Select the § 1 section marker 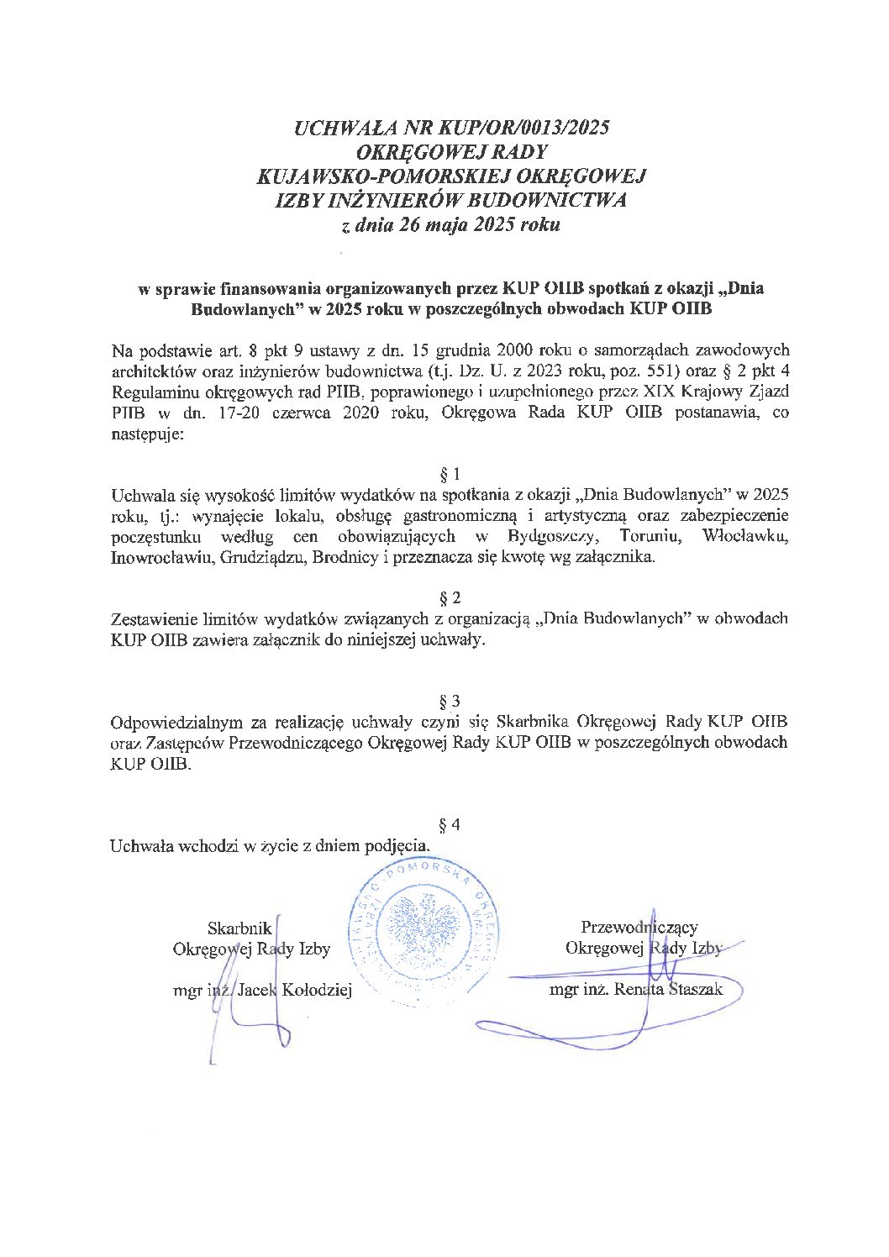[450, 474]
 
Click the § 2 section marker [450, 598]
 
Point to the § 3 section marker [450, 701]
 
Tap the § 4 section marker [450, 824]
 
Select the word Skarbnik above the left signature [239, 928]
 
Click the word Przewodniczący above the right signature [639, 927]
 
